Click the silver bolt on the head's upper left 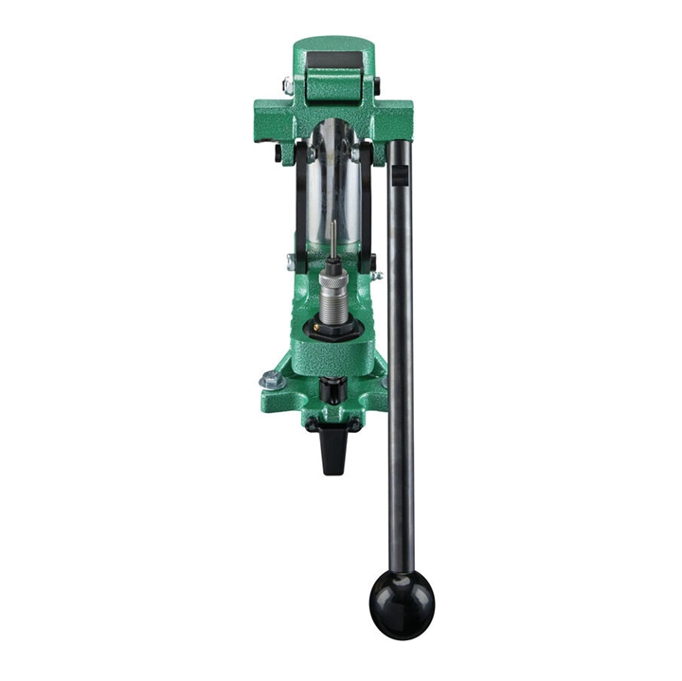[x=286, y=86]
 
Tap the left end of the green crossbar [x=264, y=122]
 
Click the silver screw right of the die [x=377, y=276]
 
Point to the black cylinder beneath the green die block [x=331, y=388]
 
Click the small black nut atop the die [x=332, y=258]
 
